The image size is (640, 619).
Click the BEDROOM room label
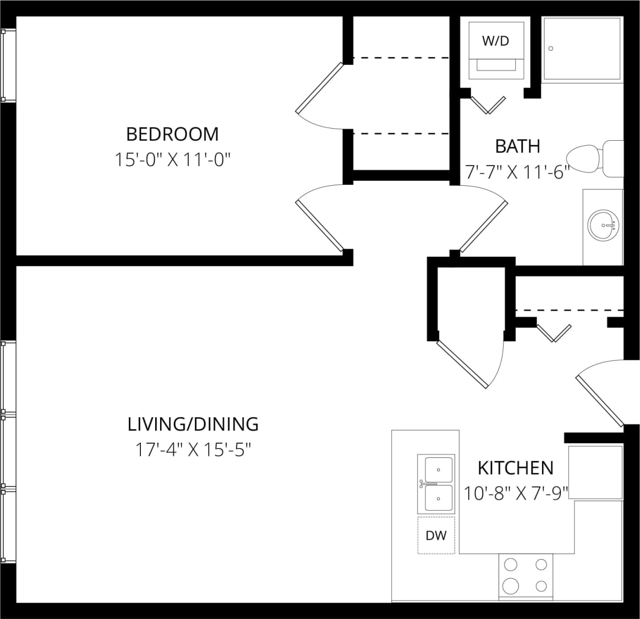click(x=172, y=134)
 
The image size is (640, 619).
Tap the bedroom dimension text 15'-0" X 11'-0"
click(x=172, y=160)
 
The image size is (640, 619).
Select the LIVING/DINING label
click(x=193, y=424)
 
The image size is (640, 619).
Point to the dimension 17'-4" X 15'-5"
click(x=193, y=450)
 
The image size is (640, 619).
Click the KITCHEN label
click(x=516, y=468)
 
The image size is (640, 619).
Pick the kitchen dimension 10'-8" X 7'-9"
click(x=516, y=493)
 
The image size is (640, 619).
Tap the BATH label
click(x=517, y=146)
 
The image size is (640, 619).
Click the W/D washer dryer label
click(x=495, y=41)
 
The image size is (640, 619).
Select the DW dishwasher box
click(x=436, y=535)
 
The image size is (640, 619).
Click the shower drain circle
click(x=551, y=48)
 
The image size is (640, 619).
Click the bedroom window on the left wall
click(x=8, y=65)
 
